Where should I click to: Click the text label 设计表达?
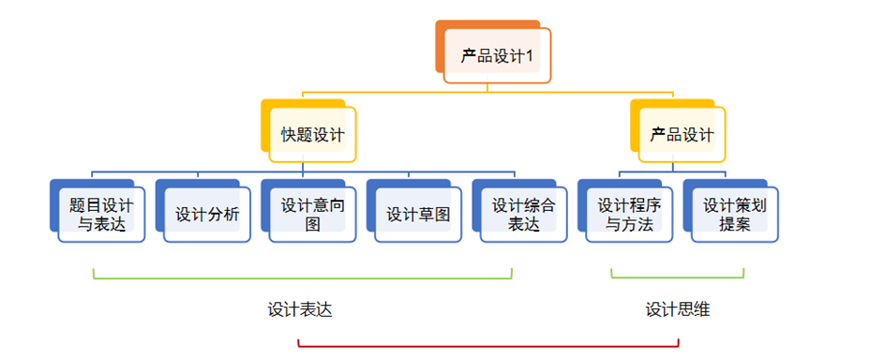(300, 310)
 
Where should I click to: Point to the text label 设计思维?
(678, 310)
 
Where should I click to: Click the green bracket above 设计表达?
(302, 277)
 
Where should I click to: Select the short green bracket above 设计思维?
(678, 277)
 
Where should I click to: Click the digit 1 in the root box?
(529, 57)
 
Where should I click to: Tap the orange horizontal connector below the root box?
(487, 92)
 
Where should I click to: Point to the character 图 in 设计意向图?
(312, 224)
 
